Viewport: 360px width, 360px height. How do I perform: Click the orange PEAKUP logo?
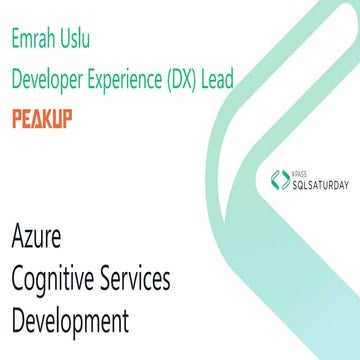click(x=42, y=119)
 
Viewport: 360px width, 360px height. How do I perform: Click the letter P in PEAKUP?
click(x=17, y=119)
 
